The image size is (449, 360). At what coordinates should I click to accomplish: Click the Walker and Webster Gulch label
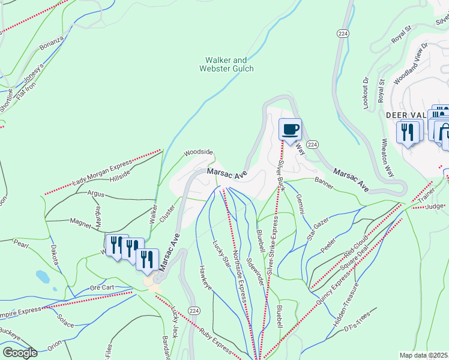(226, 64)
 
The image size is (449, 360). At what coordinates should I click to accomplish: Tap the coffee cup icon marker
(290, 130)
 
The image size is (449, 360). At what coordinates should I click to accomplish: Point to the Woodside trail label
(198, 152)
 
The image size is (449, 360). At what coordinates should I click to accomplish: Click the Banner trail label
(324, 180)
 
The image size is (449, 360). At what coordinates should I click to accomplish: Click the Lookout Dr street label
(366, 93)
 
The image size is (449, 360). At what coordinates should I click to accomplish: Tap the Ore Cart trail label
(101, 287)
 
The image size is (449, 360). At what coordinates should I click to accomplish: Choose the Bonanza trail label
(51, 43)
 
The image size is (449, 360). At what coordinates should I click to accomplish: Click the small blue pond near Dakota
(43, 277)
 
